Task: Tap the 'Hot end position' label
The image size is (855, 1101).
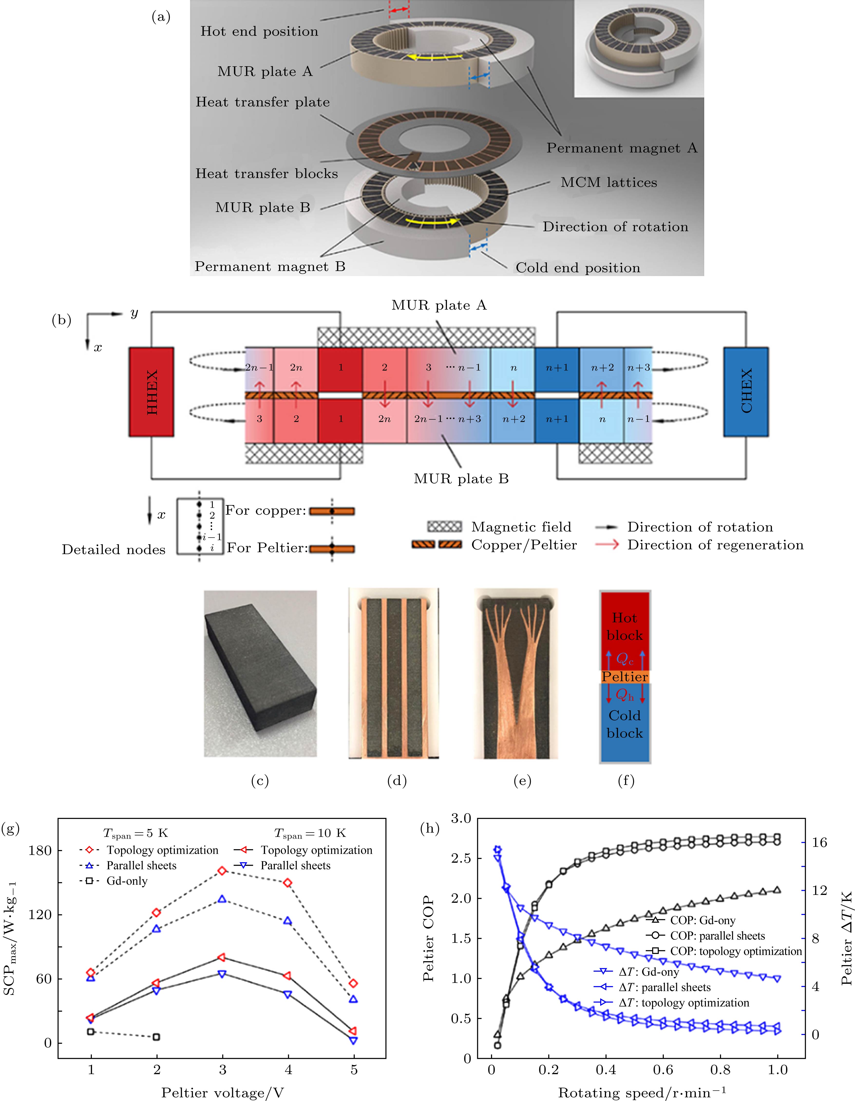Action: [x=259, y=31]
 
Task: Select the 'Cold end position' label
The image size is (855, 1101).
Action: [x=578, y=268]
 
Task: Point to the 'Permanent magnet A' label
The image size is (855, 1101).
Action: [x=622, y=148]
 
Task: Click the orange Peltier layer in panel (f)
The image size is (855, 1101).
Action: [x=625, y=676]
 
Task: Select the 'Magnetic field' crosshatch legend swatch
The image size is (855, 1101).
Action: [x=444, y=527]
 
